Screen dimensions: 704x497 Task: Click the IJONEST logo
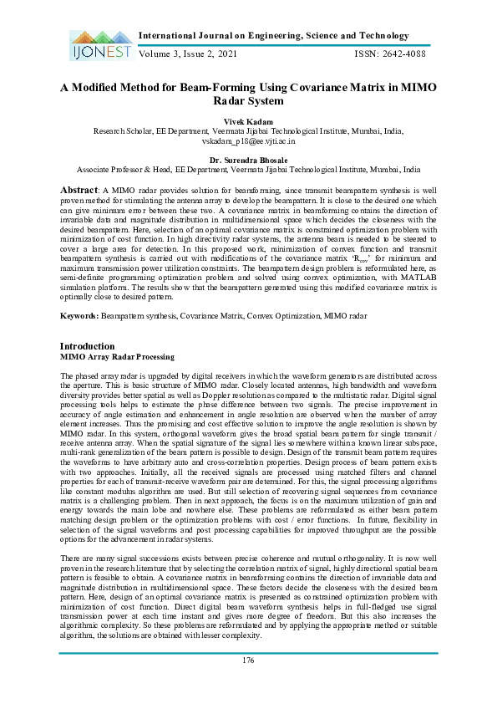(x=98, y=45)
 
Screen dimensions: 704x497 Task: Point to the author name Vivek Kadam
(x=248, y=122)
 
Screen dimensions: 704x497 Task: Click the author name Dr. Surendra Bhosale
(x=248, y=159)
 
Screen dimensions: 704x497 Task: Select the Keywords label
(x=79, y=316)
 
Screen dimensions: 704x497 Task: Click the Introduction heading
(x=88, y=346)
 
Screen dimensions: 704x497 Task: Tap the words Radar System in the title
(x=248, y=101)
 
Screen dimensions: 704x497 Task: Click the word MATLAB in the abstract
(x=415, y=287)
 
